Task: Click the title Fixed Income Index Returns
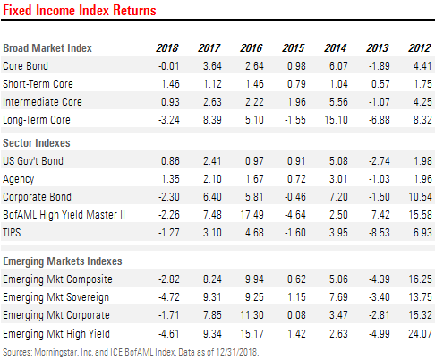tap(79, 11)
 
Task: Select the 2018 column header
tap(167, 47)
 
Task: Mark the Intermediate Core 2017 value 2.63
tap(209, 99)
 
